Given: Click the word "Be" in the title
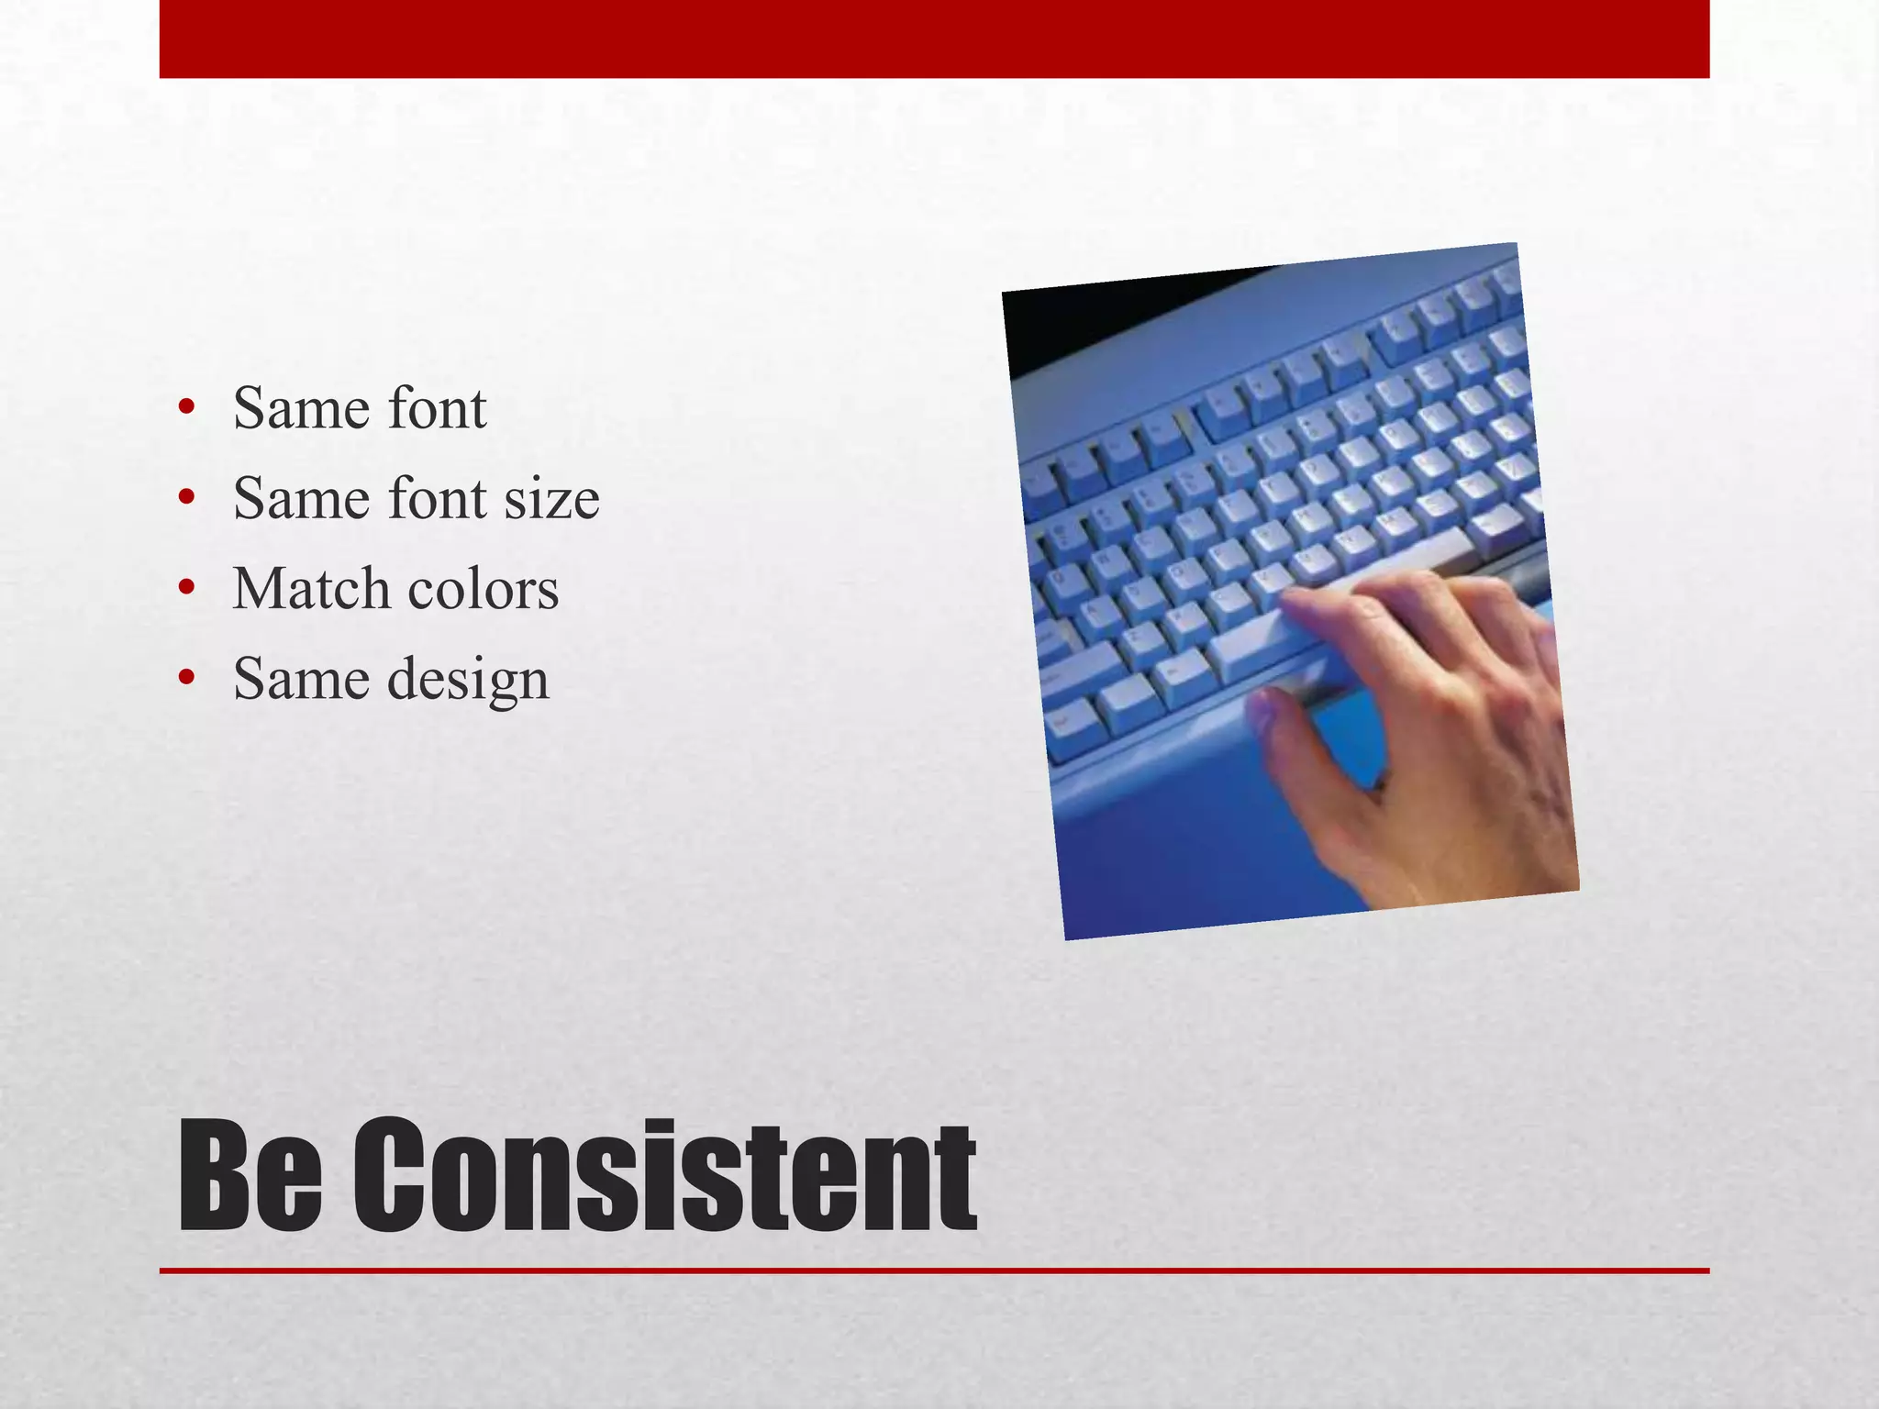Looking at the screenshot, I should pyautogui.click(x=250, y=1176).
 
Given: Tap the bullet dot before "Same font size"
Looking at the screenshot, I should pyautogui.click(x=187, y=498).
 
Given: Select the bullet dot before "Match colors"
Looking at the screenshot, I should pyautogui.click(x=187, y=588).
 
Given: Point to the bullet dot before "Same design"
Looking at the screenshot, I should pyautogui.click(x=187, y=678).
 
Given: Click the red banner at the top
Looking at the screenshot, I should pyautogui.click(x=934, y=39).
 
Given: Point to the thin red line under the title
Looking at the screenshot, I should pyautogui.click(x=934, y=1270).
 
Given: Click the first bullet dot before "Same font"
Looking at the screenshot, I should pyautogui.click(x=187, y=408).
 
